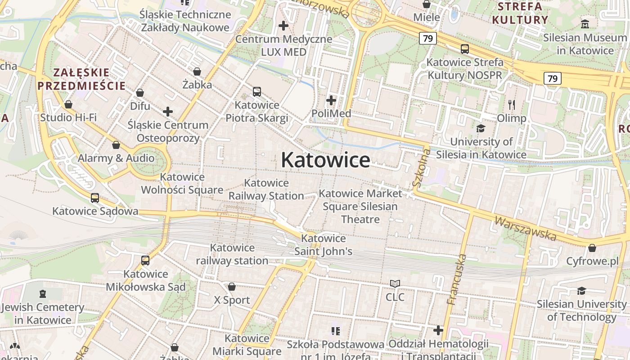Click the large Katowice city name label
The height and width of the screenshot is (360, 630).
coord(325,160)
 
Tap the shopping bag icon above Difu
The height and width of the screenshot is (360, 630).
coord(140,93)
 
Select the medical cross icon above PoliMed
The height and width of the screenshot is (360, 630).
coord(331,100)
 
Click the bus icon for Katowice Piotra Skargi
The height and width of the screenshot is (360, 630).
coord(257,92)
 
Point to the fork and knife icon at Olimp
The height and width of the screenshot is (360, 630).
coord(511,105)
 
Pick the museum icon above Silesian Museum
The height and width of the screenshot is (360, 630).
coord(585,24)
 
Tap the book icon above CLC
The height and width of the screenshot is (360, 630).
coord(395,283)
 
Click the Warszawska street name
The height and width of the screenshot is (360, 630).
coord(525,228)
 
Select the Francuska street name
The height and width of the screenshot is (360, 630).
coord(456,279)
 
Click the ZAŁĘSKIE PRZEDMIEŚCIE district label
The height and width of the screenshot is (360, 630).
coord(81,79)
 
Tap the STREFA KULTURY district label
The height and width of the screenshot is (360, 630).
coord(520,13)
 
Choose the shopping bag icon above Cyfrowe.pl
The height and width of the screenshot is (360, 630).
coord(592,248)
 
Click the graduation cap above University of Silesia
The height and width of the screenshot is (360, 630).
coord(481,128)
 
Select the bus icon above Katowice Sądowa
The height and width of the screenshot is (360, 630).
coord(95,198)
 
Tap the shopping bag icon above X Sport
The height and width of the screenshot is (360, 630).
coord(232,287)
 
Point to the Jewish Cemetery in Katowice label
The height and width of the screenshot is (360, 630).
coord(43,314)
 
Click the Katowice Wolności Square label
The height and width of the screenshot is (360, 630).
coord(182,183)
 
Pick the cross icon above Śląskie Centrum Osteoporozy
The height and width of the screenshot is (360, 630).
coord(168,111)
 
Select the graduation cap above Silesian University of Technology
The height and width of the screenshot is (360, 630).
coord(581,291)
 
